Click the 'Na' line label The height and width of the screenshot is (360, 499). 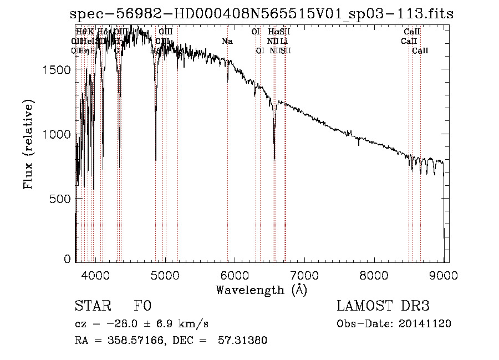point(227,41)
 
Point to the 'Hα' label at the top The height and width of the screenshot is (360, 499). point(273,32)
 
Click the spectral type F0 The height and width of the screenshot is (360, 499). point(142,307)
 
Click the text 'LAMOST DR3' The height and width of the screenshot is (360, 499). point(383,306)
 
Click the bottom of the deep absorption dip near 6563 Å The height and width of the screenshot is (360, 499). point(274,159)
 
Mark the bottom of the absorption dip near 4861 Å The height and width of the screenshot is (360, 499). point(156,160)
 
